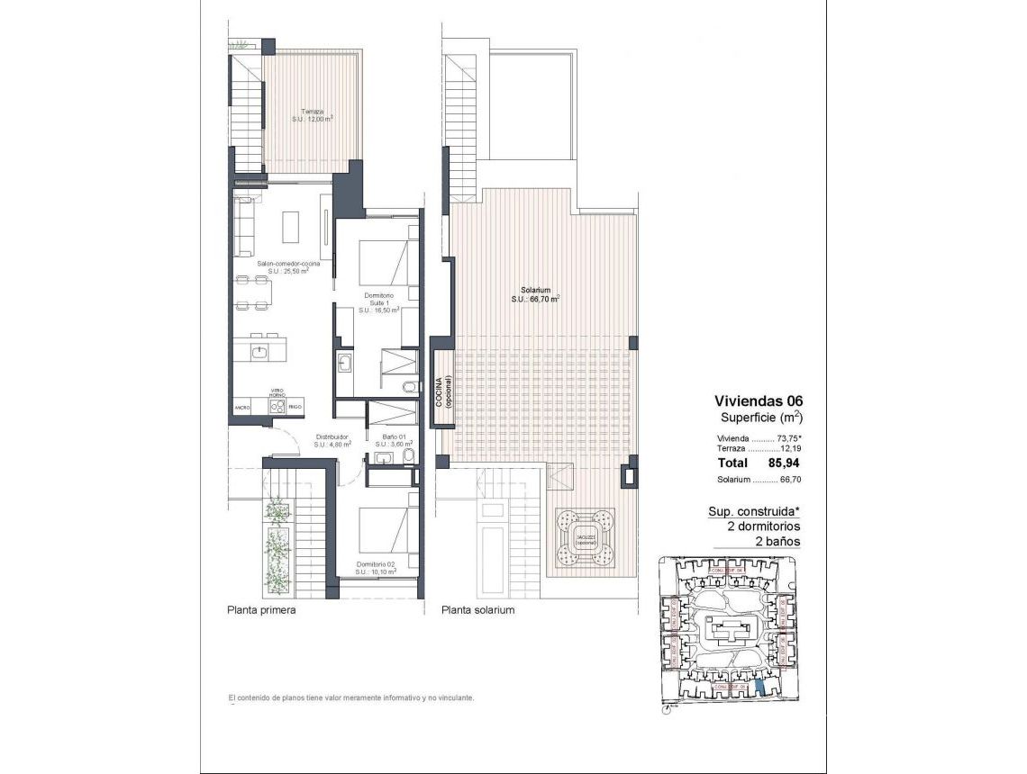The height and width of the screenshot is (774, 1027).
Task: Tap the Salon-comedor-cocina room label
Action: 282,266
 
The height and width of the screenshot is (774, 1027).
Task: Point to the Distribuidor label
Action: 332,439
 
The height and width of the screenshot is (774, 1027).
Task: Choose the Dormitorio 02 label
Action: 377,568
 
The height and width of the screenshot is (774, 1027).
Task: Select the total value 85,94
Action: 784,463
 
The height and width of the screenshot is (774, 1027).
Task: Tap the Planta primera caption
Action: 261,609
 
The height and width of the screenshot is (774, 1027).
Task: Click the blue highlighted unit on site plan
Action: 759,688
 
